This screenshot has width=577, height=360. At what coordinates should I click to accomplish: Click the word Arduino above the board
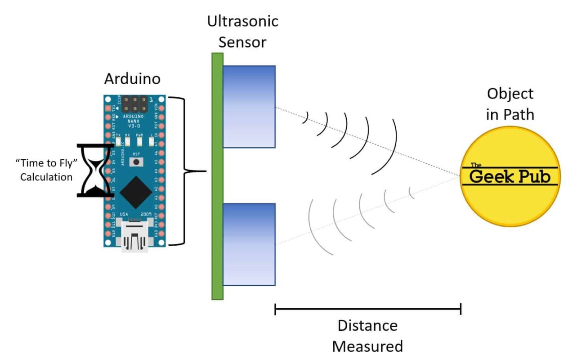point(132,79)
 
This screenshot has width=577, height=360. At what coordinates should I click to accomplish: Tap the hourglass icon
point(95,170)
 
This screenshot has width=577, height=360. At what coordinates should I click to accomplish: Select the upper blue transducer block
point(249,107)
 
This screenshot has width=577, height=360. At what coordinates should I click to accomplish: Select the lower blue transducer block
point(249,244)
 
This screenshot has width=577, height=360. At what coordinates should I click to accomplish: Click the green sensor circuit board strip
point(217,176)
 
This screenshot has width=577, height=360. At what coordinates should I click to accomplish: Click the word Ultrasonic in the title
point(243,21)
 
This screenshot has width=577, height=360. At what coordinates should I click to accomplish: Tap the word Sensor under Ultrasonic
point(243,42)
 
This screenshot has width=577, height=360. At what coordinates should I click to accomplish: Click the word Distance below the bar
point(367,325)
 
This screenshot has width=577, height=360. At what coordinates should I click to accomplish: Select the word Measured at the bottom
point(367,346)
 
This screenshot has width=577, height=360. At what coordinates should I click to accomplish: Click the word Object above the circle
point(510,94)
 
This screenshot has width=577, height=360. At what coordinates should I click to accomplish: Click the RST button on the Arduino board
point(135,161)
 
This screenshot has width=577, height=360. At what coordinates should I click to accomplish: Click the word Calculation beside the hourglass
point(46,177)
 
